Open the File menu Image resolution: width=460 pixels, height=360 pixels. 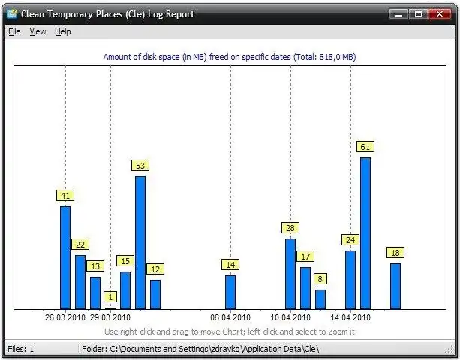pos(14,31)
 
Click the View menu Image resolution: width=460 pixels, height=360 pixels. pos(38,31)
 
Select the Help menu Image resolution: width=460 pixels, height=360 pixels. pos(62,31)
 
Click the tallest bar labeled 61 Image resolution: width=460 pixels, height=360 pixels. pos(365,232)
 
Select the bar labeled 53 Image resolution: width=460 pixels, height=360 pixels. pos(140,241)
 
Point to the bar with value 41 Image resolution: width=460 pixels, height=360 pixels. pos(65,256)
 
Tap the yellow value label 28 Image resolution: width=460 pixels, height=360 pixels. pos(290,227)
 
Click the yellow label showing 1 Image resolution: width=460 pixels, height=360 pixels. pos(110,296)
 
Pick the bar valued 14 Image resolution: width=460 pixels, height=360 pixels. pos(230,292)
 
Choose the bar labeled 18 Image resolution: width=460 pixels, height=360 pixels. pos(395,285)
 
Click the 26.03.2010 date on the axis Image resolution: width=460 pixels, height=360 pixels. pos(65,317)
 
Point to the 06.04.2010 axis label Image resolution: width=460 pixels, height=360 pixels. pos(230,317)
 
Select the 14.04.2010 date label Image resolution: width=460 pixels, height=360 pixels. pos(350,317)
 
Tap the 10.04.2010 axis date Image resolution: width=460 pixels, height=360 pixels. pos(290,317)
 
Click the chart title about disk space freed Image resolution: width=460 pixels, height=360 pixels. pos(229,56)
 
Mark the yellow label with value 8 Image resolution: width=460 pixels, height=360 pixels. pos(320,278)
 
